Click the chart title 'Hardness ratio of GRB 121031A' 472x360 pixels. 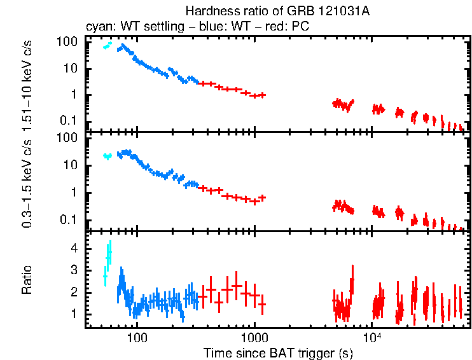pyautogui.click(x=277, y=11)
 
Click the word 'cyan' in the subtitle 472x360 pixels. pyautogui.click(x=97, y=27)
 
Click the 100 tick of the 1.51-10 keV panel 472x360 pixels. pyautogui.click(x=67, y=41)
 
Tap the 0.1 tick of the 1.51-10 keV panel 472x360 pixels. pyautogui.click(x=69, y=121)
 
